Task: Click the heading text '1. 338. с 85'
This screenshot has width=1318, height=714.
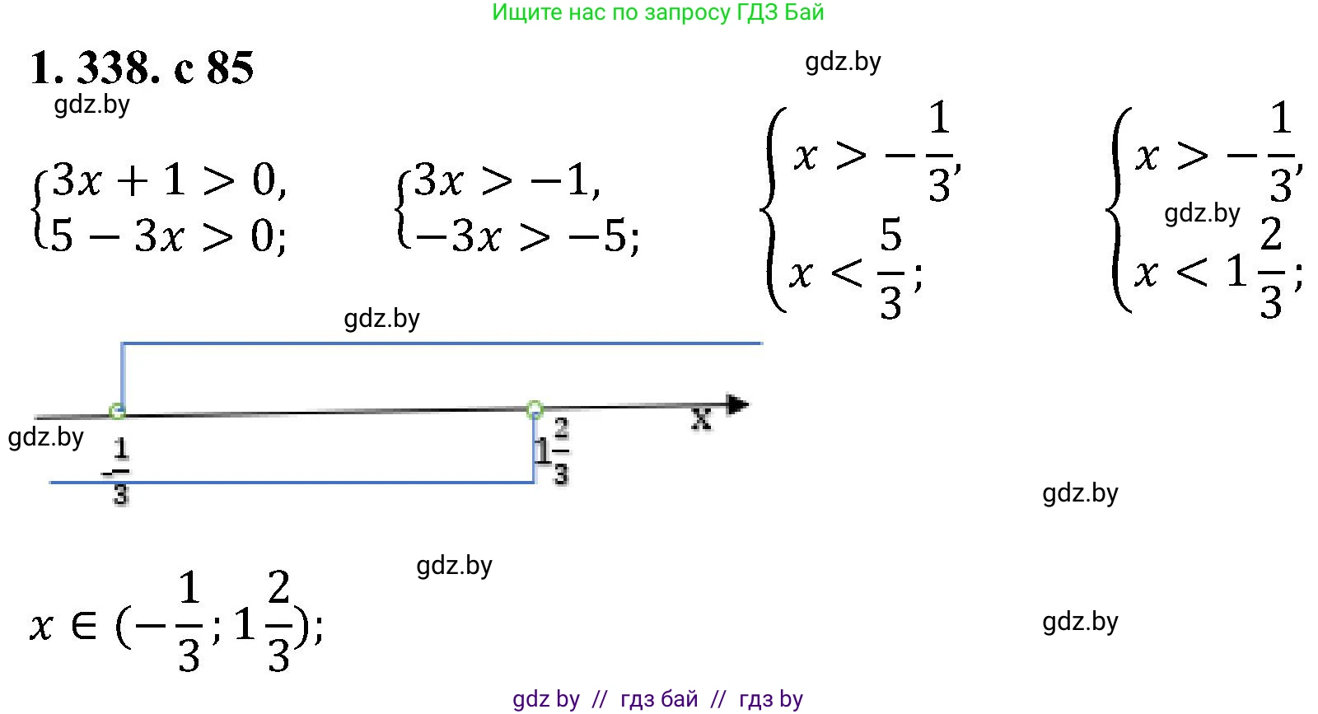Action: click(141, 68)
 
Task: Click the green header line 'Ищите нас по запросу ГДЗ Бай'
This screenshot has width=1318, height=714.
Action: click(657, 12)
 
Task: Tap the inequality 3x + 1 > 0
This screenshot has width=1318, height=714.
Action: click(169, 180)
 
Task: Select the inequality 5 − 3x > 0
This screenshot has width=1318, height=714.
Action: click(169, 236)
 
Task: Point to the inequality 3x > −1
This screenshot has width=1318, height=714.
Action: click(507, 180)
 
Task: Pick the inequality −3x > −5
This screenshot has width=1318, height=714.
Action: click(527, 237)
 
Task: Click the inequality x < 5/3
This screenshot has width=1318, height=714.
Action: click(853, 270)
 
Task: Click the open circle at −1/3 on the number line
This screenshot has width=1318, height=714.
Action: click(118, 411)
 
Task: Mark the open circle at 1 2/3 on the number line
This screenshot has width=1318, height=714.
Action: click(535, 408)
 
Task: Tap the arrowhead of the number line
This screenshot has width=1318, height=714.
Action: click(738, 404)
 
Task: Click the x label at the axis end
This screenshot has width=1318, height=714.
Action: click(701, 420)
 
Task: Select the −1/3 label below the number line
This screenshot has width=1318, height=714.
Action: click(119, 471)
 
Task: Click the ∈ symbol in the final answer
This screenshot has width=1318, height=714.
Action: click(83, 626)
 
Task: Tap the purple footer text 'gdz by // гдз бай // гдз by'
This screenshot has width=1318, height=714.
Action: click(657, 699)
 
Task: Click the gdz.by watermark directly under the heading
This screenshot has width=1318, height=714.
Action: click(91, 105)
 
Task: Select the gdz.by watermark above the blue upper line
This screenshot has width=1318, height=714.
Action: click(381, 319)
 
